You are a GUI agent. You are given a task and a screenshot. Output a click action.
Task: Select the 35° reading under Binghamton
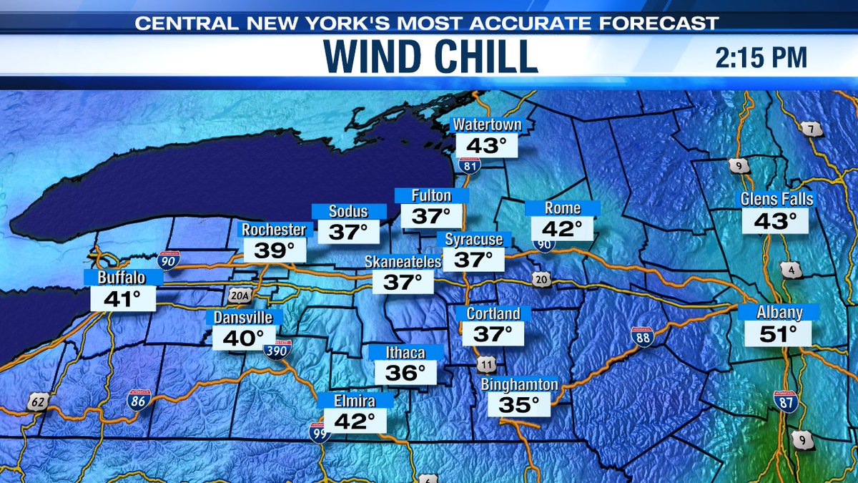(x=519, y=405)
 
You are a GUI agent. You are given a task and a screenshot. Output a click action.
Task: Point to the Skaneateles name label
(x=403, y=262)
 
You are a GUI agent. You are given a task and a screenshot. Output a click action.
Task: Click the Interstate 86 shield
(x=139, y=400)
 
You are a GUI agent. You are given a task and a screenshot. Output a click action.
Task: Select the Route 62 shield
(x=39, y=403)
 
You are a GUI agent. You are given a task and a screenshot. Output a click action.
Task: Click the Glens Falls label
(x=777, y=199)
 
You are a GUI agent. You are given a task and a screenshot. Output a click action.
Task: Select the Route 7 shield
(x=812, y=130)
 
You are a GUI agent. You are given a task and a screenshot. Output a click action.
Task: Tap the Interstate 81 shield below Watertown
(x=470, y=165)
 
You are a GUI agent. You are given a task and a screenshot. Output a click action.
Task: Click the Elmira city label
(x=355, y=401)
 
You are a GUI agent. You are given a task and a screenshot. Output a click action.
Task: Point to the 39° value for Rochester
(x=275, y=250)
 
